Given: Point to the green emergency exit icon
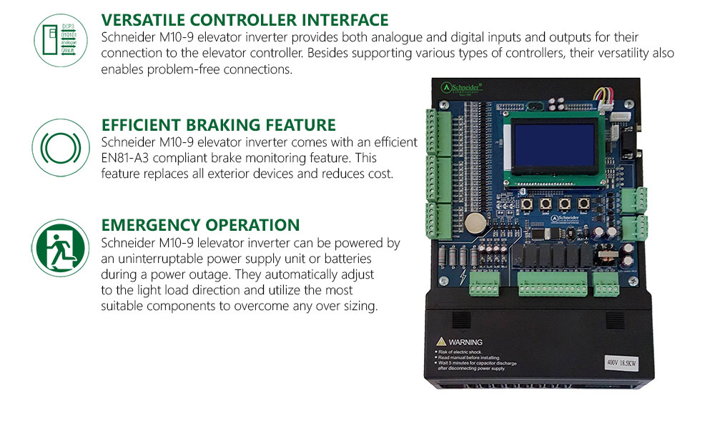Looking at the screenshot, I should pos(60,247).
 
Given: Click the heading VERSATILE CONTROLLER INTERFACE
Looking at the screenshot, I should pos(245,20).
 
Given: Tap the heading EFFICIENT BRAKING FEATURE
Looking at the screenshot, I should pos(218,125).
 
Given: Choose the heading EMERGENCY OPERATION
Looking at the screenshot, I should pos(200,225).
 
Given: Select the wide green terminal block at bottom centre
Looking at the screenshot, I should pos(553,289).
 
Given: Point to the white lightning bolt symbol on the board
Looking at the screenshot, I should pos(465,277).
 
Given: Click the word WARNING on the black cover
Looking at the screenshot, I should pos(465,342).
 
